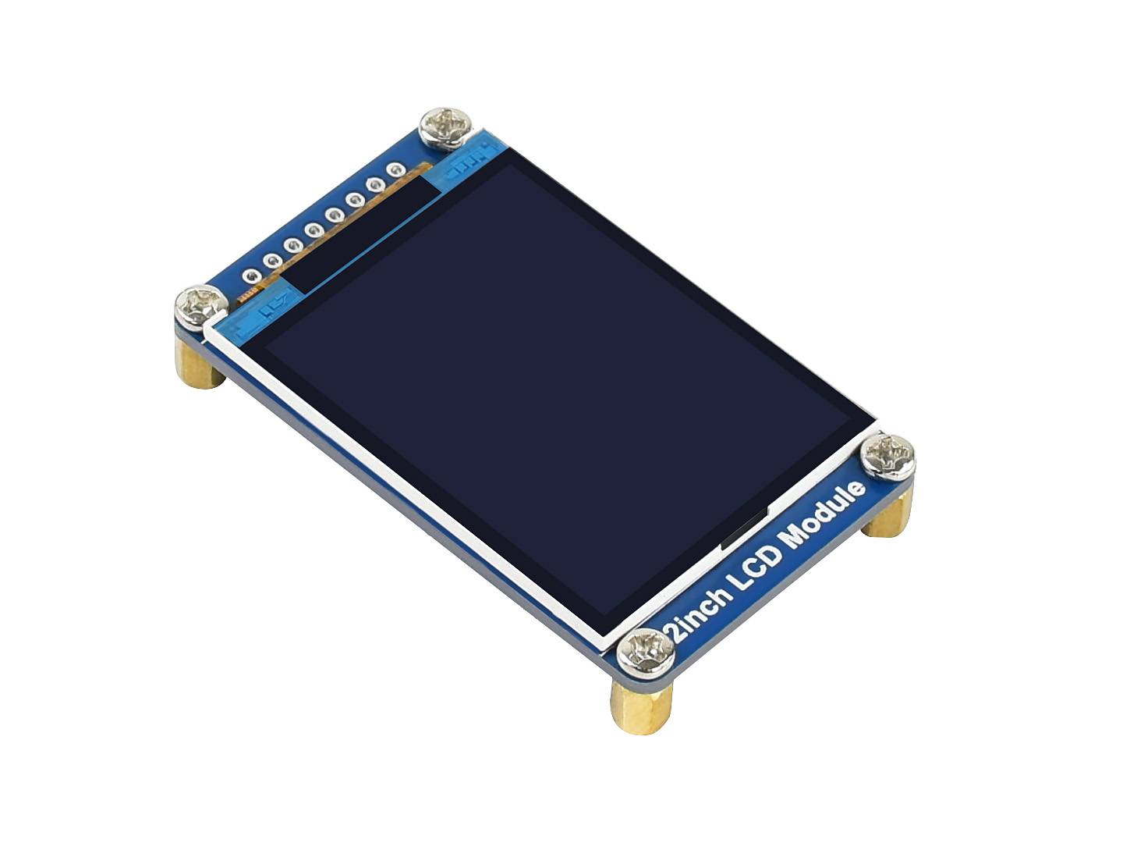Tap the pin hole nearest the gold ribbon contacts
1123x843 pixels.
(x=251, y=276)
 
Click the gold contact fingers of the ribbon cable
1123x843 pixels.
(x=248, y=297)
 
